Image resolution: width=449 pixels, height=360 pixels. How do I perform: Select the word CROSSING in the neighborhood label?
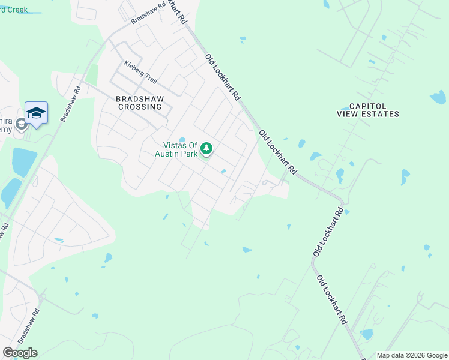(139, 107)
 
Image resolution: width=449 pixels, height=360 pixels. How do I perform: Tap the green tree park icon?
(206, 148)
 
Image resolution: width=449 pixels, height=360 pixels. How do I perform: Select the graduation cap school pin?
(36, 113)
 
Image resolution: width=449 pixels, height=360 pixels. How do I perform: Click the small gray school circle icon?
(21, 124)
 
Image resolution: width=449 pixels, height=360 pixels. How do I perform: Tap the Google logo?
(20, 353)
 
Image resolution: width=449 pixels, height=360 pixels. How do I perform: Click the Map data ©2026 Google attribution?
(411, 355)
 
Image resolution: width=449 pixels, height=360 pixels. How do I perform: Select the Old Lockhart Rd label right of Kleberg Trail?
(223, 77)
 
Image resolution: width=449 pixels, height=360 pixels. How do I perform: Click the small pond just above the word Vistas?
(182, 140)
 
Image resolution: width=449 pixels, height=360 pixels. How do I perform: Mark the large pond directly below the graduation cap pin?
(24, 161)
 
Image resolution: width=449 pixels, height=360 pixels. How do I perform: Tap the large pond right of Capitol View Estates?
(438, 97)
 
